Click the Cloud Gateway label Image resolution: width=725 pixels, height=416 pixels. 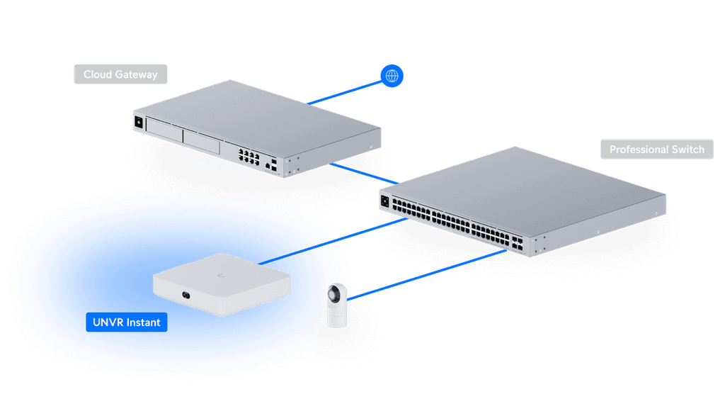click(120, 74)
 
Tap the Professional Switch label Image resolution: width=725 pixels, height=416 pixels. click(656, 150)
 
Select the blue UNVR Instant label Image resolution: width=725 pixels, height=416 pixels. click(126, 322)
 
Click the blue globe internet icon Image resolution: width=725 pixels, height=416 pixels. click(392, 75)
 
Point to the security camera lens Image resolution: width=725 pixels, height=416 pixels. click(333, 293)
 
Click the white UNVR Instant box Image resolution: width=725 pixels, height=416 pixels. click(222, 284)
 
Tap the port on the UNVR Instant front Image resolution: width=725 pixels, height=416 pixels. click(186, 295)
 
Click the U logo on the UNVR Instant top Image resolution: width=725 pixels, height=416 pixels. click(221, 276)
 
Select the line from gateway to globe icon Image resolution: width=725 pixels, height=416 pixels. click(345, 93)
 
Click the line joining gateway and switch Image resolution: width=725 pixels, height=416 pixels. click(364, 174)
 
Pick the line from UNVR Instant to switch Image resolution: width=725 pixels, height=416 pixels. click(333, 241)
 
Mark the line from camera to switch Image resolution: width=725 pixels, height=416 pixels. click(426, 275)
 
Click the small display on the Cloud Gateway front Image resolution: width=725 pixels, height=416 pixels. click(138, 122)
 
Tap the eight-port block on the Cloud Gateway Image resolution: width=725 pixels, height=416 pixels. click(249, 156)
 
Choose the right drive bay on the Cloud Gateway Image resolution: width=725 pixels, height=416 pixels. click(201, 142)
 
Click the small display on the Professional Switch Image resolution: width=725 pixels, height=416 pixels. click(384, 201)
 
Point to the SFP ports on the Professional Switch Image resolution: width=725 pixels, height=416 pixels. click(517, 243)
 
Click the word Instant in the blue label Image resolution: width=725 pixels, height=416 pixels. click(143, 322)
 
